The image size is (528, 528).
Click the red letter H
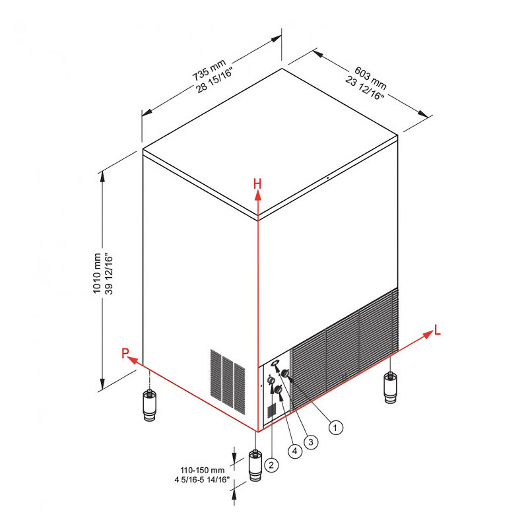(257, 184)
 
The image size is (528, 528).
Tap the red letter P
(125, 353)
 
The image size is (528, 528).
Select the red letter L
(438, 330)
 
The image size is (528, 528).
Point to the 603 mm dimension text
(370, 78)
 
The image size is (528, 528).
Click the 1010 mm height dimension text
(97, 273)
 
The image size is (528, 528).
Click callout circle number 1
(335, 428)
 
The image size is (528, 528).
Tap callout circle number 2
(271, 465)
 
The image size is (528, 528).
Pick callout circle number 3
(310, 442)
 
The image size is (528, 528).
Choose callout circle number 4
(295, 451)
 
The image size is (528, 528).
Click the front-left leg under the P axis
(150, 405)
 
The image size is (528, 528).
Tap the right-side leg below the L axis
(391, 387)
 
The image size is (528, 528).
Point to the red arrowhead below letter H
(257, 196)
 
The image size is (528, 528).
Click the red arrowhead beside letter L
(428, 335)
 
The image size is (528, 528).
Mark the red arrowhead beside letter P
(133, 360)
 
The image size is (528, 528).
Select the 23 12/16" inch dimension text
(364, 88)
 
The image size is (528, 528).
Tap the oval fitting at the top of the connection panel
(275, 362)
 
